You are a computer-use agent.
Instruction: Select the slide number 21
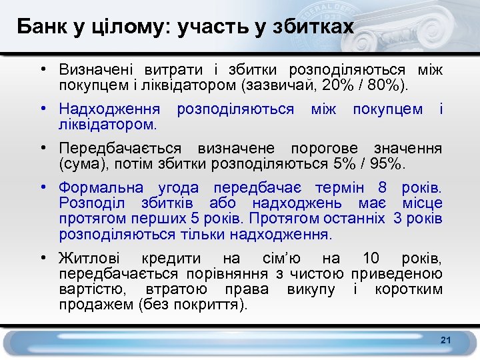tap(446, 341)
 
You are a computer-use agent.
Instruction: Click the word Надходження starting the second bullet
tap(109, 108)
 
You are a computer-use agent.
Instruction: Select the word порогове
tap(327, 147)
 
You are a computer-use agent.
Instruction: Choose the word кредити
tap(171, 259)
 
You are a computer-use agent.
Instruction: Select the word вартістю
tap(92, 290)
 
